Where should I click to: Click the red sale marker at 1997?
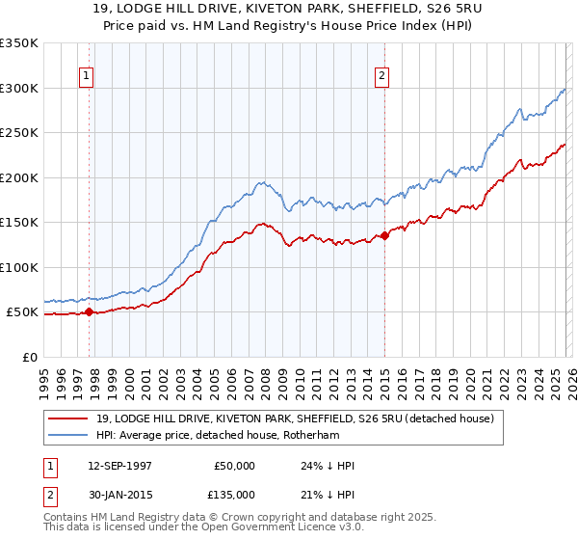point(90,311)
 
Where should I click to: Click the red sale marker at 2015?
point(384,234)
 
